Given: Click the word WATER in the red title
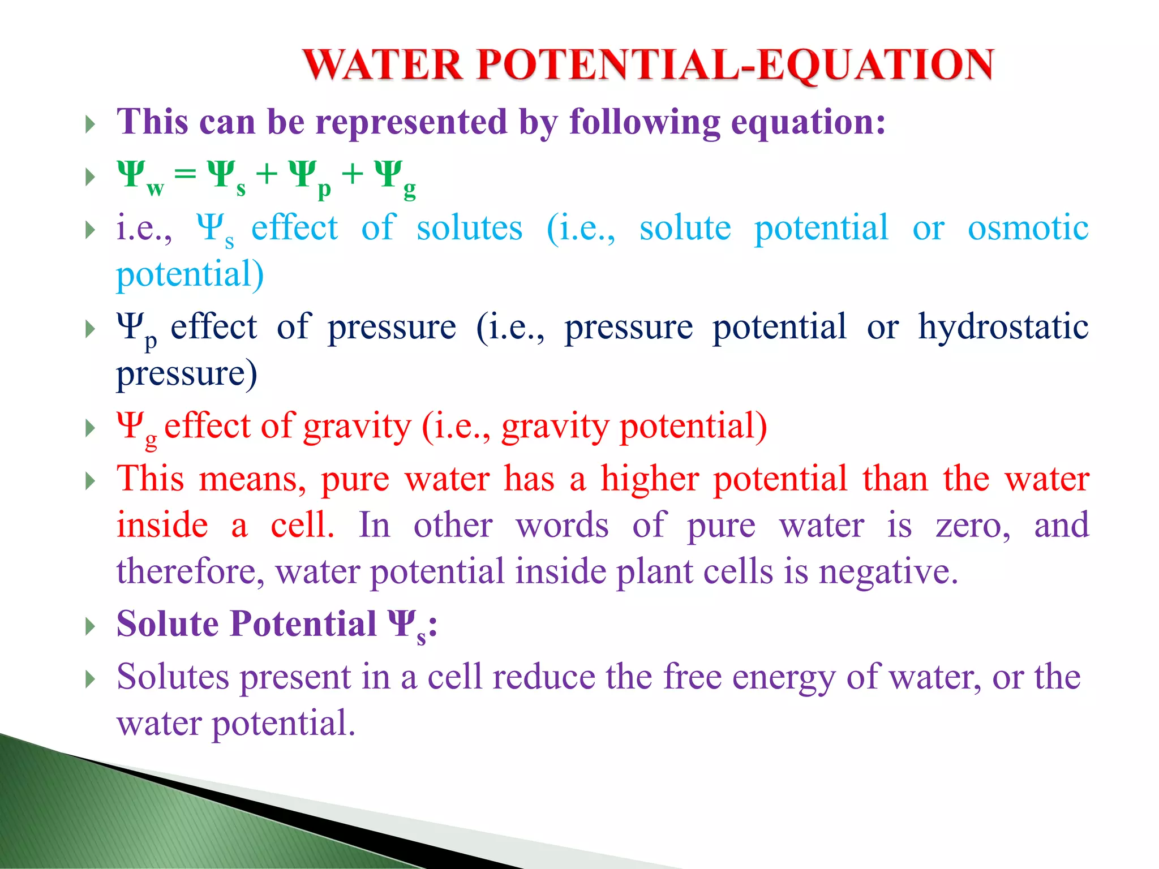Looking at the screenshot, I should click(383, 64).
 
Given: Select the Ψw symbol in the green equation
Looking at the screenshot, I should click(139, 177).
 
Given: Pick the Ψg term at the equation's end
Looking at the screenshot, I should click(394, 177).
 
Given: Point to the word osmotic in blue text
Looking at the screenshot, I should click(1028, 228).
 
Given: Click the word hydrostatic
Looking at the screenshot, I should click(1003, 327).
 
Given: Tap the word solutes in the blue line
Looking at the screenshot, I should click(469, 228).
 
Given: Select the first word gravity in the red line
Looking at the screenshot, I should click(357, 427).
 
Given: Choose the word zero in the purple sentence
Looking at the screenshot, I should click(972, 525).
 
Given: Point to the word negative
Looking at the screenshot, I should click(888, 571).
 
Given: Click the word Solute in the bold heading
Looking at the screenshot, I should click(168, 624).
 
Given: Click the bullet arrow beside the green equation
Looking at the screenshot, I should click(90, 177).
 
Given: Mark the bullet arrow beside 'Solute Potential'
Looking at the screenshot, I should click(90, 626).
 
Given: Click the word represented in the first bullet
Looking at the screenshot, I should click(411, 122).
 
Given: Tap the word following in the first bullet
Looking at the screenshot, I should click(645, 123).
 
